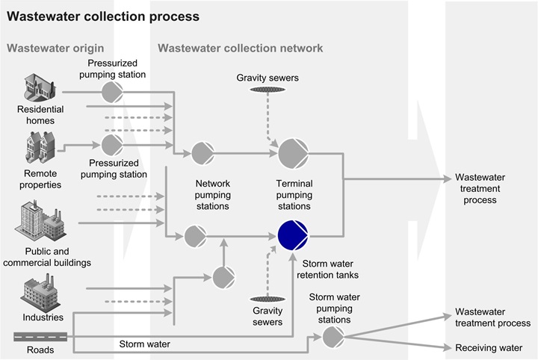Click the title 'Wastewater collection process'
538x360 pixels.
pos(103,16)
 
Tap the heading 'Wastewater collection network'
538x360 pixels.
pos(240,49)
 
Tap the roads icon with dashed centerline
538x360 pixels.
pos(40,336)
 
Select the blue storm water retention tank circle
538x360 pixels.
pos(292,235)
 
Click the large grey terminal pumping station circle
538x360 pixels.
pos(292,154)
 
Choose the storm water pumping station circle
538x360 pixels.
pos(333,337)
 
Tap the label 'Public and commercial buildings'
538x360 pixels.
pos(58,257)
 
